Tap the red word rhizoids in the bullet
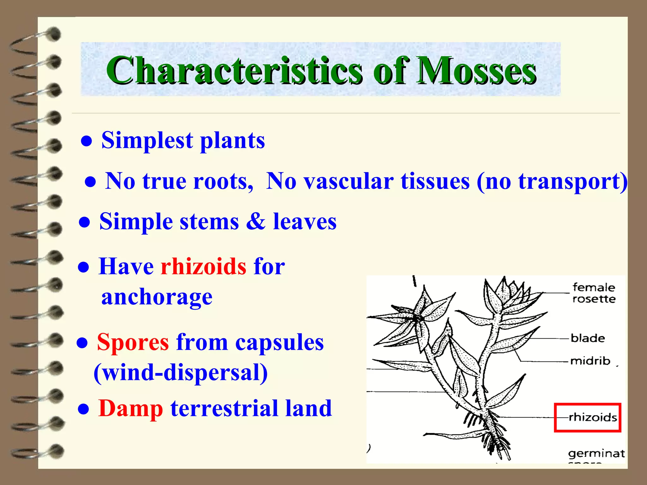pos(203,266)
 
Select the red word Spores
pos(133,342)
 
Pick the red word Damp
pos(130,409)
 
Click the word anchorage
pos(157,297)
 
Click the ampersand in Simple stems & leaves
pos(256,221)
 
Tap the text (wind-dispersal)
pos(181,373)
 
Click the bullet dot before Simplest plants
pos(87,141)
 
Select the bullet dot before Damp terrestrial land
pos(83,410)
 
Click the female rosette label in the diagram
pos(594,293)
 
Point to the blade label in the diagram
pos(588,338)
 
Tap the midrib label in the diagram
pos(590,361)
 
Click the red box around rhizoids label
pos(588,417)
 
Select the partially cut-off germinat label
pos(596,454)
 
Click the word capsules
pos(279,342)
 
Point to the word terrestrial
pos(224,409)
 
